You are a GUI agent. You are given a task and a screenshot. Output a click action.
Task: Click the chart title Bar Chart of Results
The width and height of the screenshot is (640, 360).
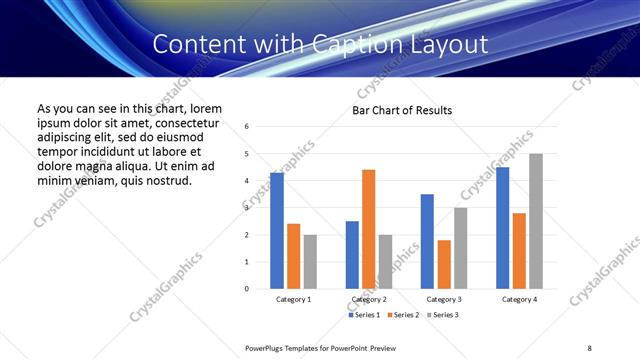(402, 110)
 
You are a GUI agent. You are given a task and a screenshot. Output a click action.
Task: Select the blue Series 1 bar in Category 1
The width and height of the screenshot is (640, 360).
(277, 231)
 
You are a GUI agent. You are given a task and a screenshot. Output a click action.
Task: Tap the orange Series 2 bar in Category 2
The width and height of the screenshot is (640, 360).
(368, 229)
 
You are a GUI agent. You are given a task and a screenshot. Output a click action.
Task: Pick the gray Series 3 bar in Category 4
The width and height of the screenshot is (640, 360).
(536, 221)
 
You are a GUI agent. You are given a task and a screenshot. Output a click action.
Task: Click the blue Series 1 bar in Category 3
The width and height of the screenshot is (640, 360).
(427, 241)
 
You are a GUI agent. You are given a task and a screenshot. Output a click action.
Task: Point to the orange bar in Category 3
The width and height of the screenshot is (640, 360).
(444, 264)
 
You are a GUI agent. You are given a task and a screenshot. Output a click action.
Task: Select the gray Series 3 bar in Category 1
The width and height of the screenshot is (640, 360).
(310, 262)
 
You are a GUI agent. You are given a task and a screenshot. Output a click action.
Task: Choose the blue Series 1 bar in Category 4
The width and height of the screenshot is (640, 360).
(502, 228)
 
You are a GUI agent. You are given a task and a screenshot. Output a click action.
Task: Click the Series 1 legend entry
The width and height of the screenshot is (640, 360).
(364, 315)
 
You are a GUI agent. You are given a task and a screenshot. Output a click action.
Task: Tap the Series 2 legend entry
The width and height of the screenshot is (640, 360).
(402, 315)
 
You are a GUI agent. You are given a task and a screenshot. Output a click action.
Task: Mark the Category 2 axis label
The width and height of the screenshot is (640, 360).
(369, 299)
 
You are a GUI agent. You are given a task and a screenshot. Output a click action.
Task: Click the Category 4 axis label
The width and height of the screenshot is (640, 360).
(519, 299)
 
